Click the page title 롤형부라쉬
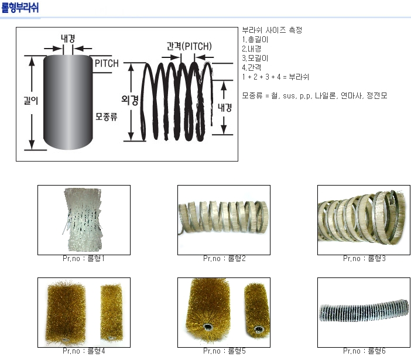pos(20,8)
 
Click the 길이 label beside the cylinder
pos(31,100)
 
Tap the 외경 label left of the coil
pos(129,100)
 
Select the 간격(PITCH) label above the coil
pos(189,46)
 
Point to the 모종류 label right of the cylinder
pos(107,116)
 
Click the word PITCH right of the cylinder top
pos(107,63)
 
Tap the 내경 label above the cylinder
pos(68,39)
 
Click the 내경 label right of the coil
pos(225,108)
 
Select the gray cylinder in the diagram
pos(68,102)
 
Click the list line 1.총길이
pos(255,40)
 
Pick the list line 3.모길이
pos(255,58)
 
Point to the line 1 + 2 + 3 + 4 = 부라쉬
pos(276,77)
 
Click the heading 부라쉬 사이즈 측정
pos(272,30)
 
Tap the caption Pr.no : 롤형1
pos(84,259)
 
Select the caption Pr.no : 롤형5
pos(224,351)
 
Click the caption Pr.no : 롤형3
pos(364,259)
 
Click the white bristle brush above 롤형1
pos(83,220)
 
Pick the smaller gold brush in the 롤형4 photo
pos(112,313)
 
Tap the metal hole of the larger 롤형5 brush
pos(208,327)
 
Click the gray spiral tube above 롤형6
pos(364,311)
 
